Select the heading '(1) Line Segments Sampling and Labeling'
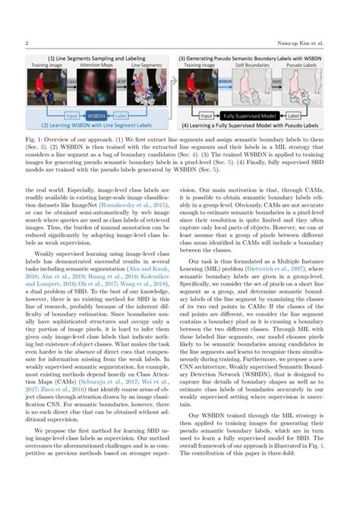[95, 58]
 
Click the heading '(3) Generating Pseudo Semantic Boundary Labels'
[260, 58]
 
